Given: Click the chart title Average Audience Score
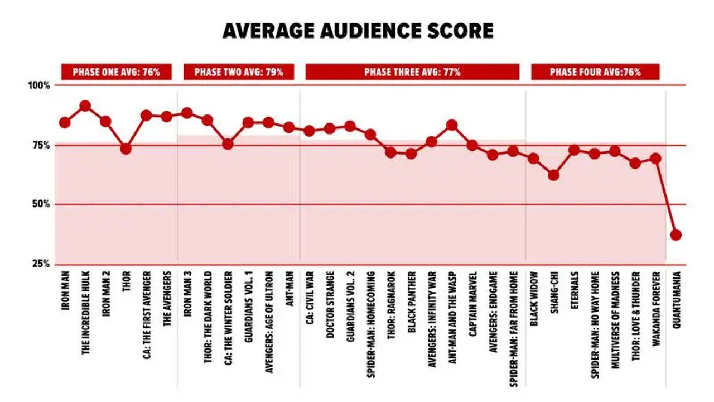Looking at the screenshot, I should (x=358, y=31).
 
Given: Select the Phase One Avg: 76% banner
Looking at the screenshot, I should (x=116, y=72).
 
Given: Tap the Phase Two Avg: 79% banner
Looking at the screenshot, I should (x=238, y=72).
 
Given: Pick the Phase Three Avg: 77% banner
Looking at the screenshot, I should (x=412, y=72).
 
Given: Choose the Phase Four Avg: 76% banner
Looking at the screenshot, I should (x=595, y=72).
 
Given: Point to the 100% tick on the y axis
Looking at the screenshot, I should (x=40, y=85).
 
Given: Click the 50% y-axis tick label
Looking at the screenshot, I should (x=41, y=204).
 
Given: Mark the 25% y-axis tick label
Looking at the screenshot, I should (x=41, y=264).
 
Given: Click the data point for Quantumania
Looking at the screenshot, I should (x=676, y=235).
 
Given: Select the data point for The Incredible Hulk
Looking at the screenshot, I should (x=85, y=106).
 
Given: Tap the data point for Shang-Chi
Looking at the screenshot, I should (x=553, y=175).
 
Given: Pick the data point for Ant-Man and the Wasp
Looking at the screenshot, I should (x=452, y=125).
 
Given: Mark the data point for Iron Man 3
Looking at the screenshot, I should (x=187, y=113).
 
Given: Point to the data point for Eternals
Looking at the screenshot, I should (x=574, y=150).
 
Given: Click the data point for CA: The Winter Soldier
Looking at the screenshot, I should (x=228, y=144).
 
